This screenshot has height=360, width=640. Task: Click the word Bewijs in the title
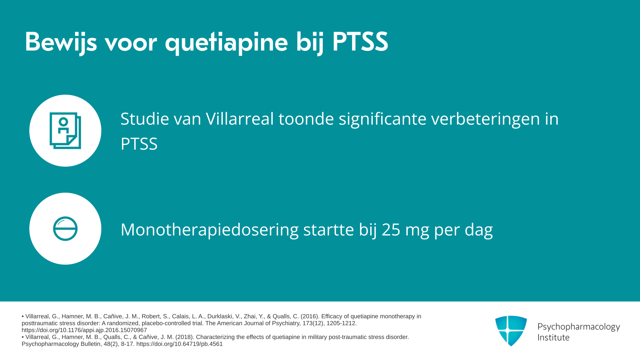point(61,42)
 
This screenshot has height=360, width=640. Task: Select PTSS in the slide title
point(360,42)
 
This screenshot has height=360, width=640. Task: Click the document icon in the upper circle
point(65,131)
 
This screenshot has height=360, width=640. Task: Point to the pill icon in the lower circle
point(65,229)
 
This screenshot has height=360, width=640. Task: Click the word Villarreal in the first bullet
point(240,119)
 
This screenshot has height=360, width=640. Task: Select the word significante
point(383,119)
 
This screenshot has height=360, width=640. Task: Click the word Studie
point(145,119)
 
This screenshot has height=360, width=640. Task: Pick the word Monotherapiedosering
point(209,230)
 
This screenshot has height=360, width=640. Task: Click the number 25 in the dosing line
point(391,230)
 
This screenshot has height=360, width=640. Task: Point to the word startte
point(329,230)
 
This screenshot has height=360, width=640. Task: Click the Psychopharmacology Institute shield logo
point(511,331)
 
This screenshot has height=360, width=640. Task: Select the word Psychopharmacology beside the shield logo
point(579,327)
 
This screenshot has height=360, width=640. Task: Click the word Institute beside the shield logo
point(553,337)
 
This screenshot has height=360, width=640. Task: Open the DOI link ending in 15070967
point(84,330)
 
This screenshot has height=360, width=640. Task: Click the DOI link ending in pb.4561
point(179,344)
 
